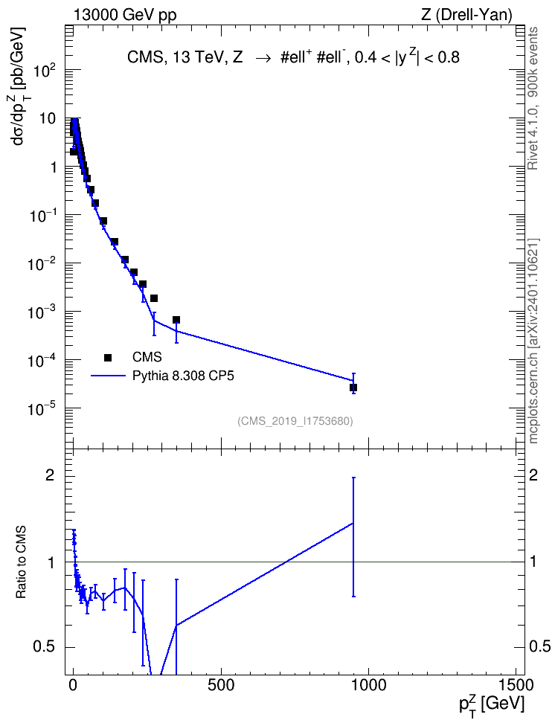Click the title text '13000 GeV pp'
click(124, 15)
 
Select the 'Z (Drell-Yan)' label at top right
click(466, 15)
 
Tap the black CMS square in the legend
click(108, 357)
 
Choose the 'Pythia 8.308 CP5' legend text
click(183, 376)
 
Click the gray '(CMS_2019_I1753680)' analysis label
click(295, 421)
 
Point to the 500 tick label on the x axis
click(221, 685)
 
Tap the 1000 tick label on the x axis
click(368, 685)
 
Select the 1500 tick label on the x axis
click(516, 685)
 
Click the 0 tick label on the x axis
click(74, 685)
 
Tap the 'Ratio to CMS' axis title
click(21, 562)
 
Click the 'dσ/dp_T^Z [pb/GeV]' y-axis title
click(19, 86)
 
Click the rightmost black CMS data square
click(353, 388)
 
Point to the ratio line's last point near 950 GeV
click(353, 524)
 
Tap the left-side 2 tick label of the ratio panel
click(50, 475)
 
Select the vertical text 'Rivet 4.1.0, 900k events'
click(533, 98)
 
